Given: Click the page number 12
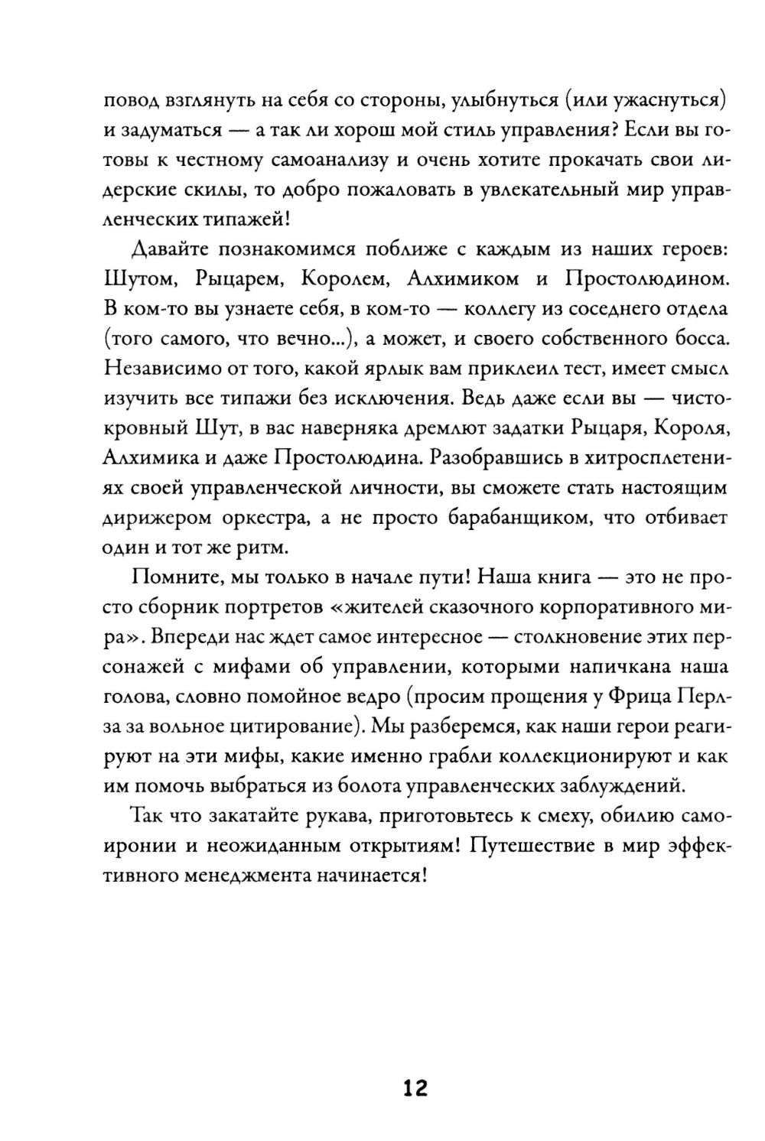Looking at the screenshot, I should tap(415, 1087).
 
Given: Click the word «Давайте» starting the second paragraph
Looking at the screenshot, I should tap(171, 249).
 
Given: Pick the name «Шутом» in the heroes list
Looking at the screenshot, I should tap(138, 279).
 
